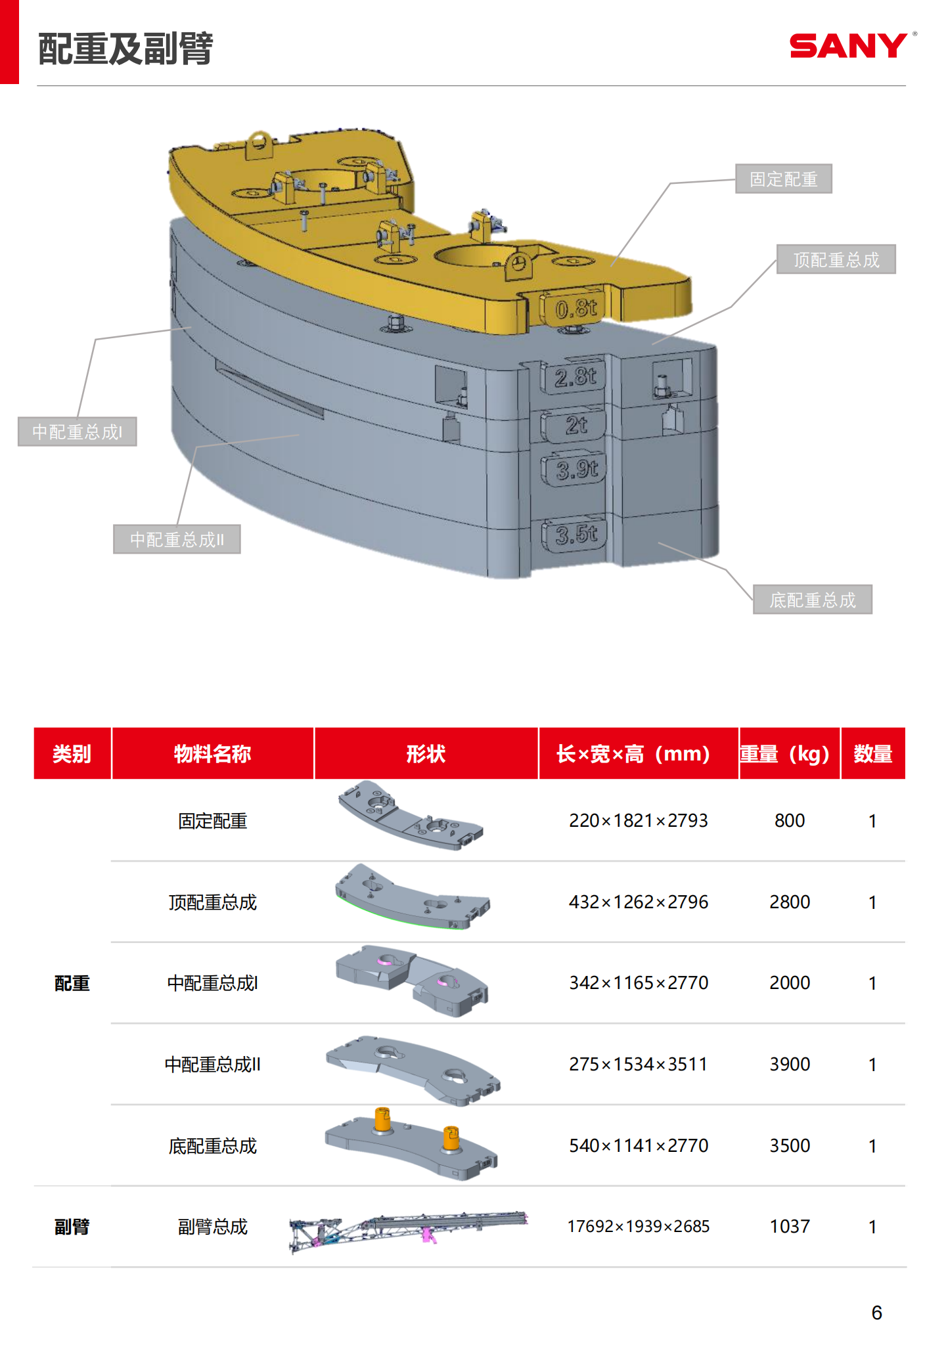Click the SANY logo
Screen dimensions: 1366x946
click(x=849, y=46)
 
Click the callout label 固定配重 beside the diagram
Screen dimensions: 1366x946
click(x=783, y=179)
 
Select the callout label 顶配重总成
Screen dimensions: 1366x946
click(x=836, y=259)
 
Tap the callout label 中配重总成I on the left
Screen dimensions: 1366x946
click(x=77, y=431)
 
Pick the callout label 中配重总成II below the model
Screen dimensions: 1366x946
click(x=177, y=539)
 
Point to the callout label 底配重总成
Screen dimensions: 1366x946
click(x=812, y=600)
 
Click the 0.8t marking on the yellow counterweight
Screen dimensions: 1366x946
click(x=575, y=308)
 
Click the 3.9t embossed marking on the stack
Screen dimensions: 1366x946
click(x=576, y=469)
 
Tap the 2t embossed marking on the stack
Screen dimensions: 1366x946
click(x=576, y=425)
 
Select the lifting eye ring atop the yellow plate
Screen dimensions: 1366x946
click(x=259, y=143)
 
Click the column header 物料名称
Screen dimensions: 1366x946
click(x=212, y=753)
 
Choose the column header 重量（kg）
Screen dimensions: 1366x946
click(x=789, y=753)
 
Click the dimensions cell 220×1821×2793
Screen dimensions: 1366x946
click(x=638, y=820)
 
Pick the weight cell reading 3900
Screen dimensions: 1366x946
click(x=789, y=1064)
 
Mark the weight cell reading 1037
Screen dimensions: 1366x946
click(x=789, y=1226)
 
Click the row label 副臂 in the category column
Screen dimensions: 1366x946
click(x=72, y=1226)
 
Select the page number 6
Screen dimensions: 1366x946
click(x=876, y=1312)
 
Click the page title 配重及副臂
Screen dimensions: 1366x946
click(x=125, y=49)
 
